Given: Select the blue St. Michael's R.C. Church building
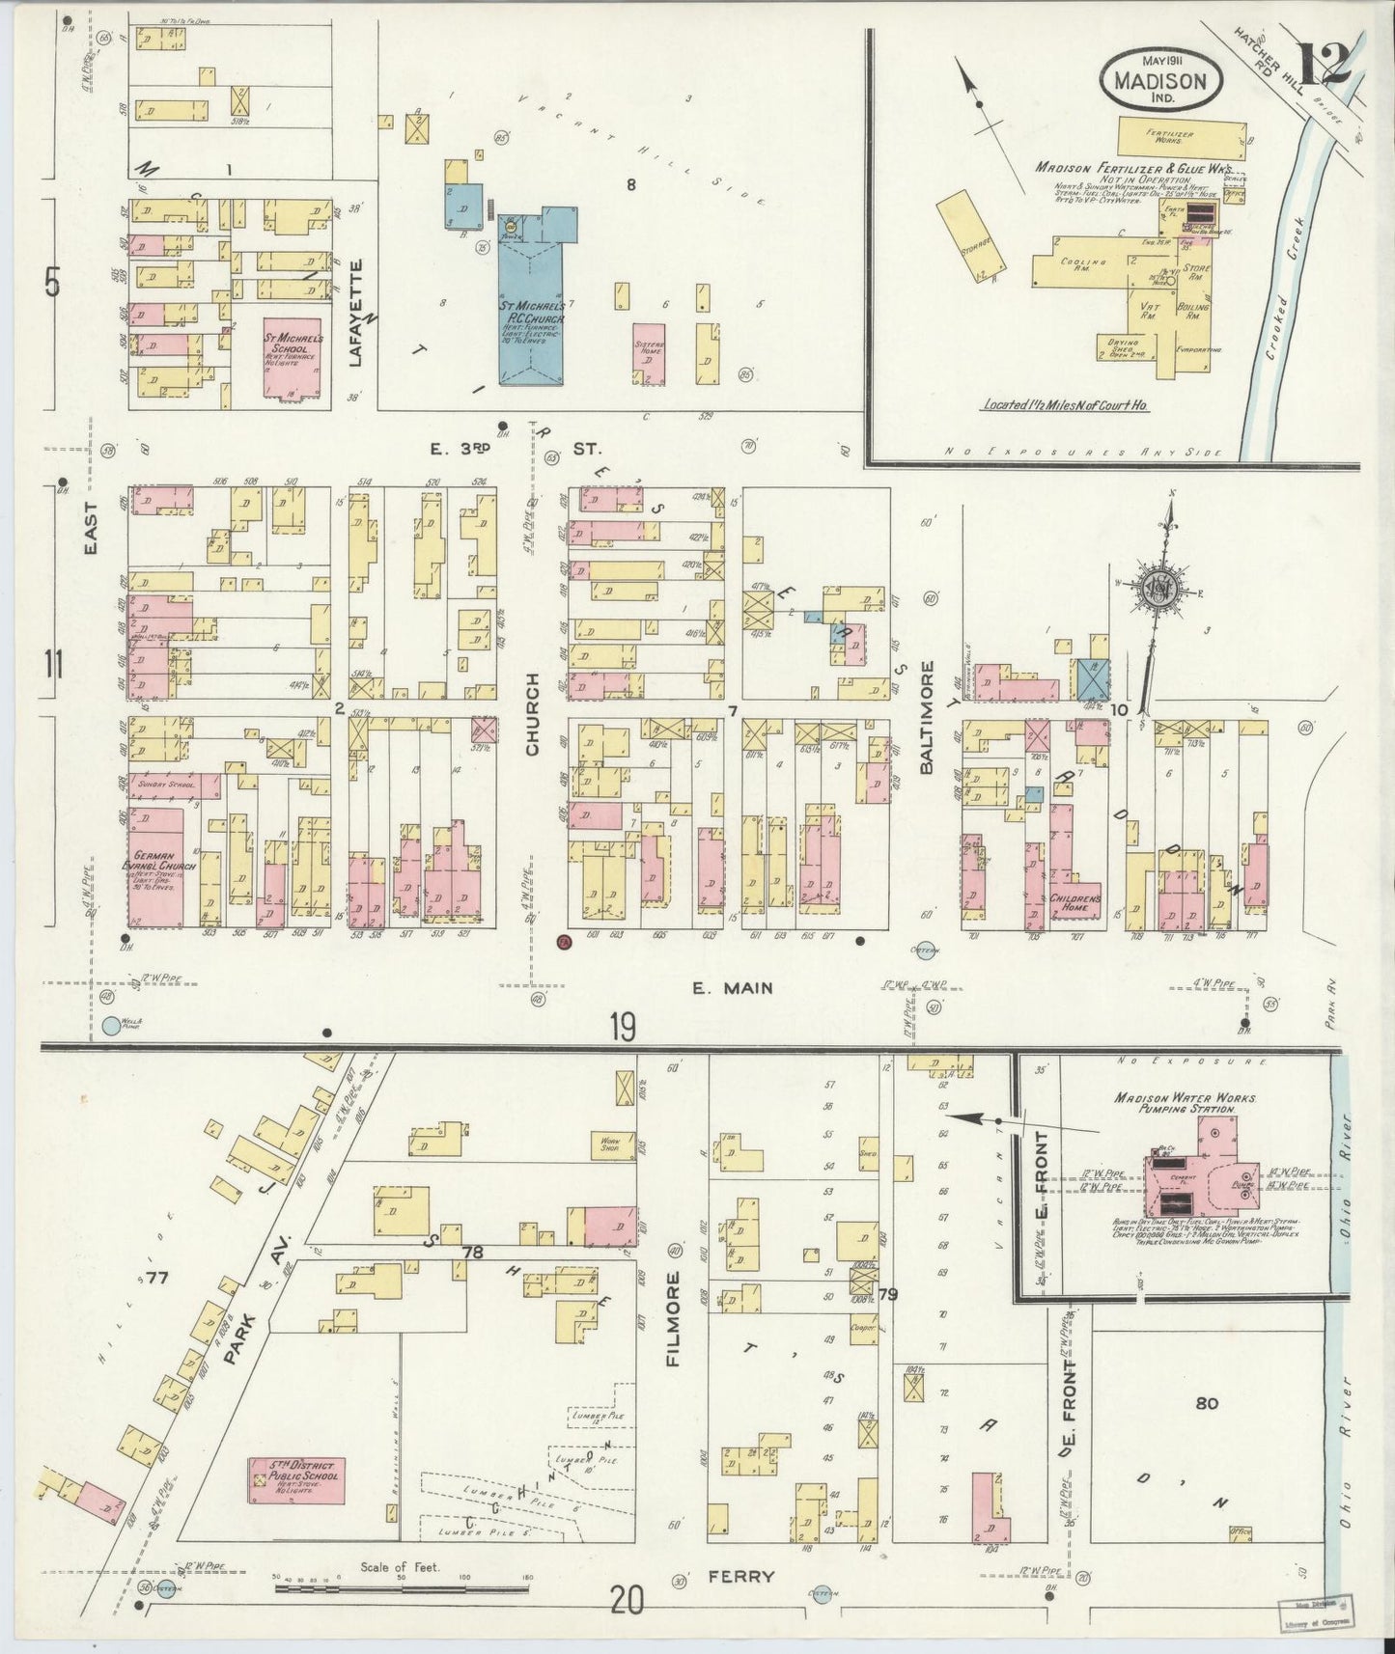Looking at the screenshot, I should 532,309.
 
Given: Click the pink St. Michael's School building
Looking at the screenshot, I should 293,356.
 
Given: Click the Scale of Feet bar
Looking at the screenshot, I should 400,1586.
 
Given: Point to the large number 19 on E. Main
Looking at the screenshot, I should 622,1028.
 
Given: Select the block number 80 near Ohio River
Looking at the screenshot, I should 1206,1403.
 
